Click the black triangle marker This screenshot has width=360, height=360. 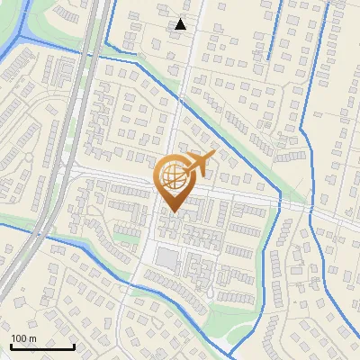point(181,24)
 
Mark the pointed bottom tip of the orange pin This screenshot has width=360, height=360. point(171,213)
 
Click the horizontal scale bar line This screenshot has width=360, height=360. point(42,346)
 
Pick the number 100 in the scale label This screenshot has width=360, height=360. point(19,338)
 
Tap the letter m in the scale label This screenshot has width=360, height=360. point(32,338)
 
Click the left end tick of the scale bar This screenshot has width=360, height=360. point(11,345)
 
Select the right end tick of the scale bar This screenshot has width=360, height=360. point(74,345)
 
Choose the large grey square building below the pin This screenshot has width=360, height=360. point(166,259)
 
